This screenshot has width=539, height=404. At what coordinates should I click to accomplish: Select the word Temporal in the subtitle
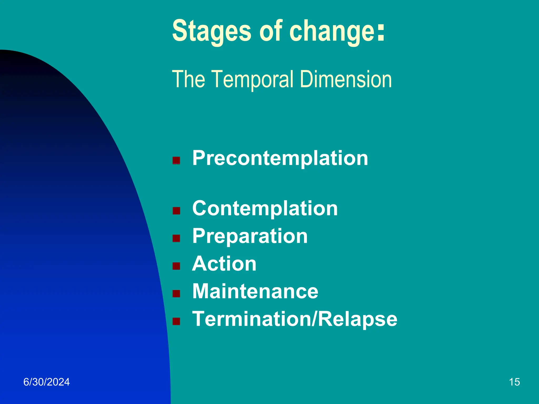point(253,79)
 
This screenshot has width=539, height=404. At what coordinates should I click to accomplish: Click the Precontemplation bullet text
point(280,158)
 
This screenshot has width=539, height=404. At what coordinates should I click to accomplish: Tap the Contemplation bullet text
point(265,209)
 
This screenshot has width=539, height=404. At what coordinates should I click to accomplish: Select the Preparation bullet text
point(250,236)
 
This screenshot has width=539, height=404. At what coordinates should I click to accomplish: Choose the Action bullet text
point(224,264)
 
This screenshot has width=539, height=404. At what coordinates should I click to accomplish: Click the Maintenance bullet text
point(255,291)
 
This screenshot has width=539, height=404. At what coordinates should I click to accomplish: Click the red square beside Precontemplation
point(176,160)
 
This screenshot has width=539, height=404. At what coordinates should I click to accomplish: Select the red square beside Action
point(176,266)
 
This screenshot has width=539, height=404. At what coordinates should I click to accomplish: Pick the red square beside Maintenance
point(176,294)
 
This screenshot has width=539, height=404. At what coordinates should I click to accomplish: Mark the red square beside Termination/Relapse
point(176,321)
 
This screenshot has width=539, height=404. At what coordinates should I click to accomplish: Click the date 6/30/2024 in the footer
point(47,382)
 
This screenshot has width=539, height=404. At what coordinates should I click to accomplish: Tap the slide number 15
point(514,382)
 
